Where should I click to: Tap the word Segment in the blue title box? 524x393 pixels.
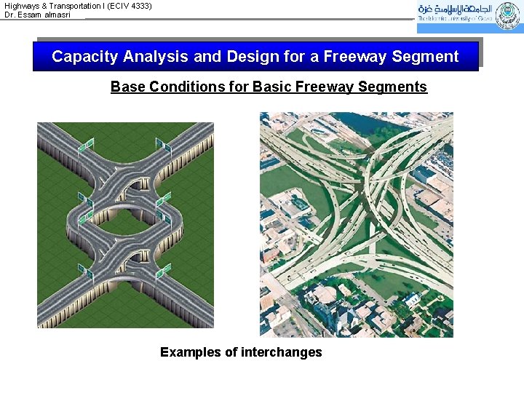[425, 57]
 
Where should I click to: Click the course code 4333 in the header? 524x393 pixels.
[139, 5]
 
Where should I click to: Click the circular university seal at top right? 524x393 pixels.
[507, 16]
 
